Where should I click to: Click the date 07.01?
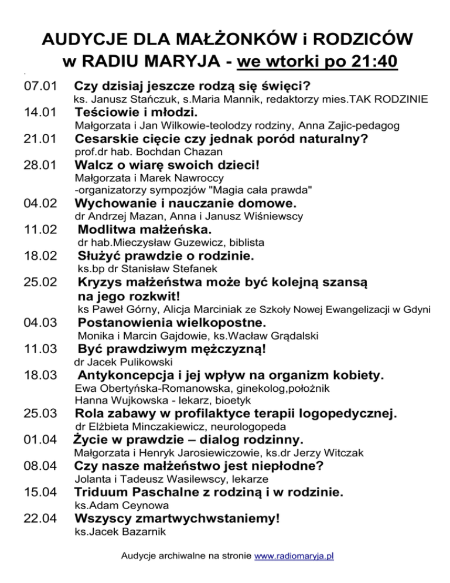pyautogui.click(x=39, y=86)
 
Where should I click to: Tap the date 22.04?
pyautogui.click(x=39, y=518)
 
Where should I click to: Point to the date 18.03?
pyautogui.click(x=39, y=375)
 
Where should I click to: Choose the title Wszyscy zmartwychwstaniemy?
pyautogui.click(x=177, y=518)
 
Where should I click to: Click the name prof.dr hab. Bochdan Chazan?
pyautogui.click(x=135, y=153)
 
